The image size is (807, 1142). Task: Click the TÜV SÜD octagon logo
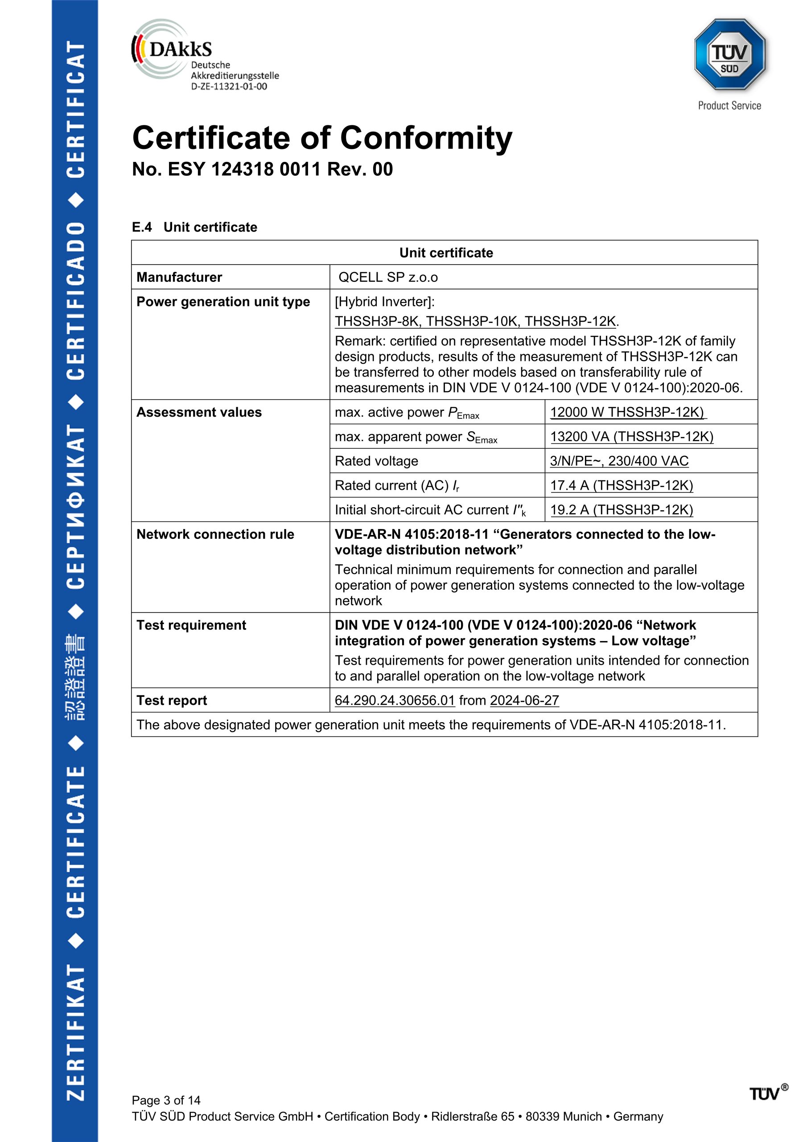pos(729,55)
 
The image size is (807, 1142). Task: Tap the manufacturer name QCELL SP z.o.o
pos(388,277)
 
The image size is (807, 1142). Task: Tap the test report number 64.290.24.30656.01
pos(395,700)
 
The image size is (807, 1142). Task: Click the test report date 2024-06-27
pos(524,700)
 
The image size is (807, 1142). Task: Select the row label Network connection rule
pos(215,534)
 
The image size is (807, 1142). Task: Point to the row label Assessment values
pos(199,412)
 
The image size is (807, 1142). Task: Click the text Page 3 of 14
pos(166,1100)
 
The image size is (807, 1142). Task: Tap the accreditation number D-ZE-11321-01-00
pos(229,87)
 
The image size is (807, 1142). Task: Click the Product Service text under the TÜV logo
pos(729,105)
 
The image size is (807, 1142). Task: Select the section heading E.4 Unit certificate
pos(194,228)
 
